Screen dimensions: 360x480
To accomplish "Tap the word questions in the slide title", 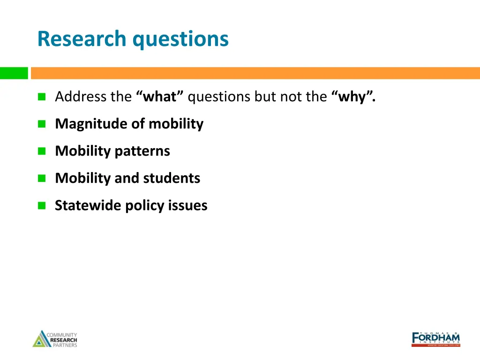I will pos(180,39).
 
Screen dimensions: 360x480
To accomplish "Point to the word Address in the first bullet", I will pos(81,97).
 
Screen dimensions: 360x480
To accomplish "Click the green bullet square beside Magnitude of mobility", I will pos(42,124).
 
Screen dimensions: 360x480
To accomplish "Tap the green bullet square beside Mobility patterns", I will pos(42,151).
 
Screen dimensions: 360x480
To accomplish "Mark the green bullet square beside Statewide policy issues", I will pos(42,205).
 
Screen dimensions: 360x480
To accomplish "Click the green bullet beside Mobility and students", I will pos(42,178).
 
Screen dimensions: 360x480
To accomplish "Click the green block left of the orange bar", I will pos(14,73).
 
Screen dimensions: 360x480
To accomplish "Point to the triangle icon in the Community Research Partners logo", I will pos(39,340).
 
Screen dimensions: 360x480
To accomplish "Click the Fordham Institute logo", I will pos(435,338).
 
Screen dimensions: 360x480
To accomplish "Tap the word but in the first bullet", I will pos(265,97).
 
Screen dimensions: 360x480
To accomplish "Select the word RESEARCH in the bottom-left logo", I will pos(64,340).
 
